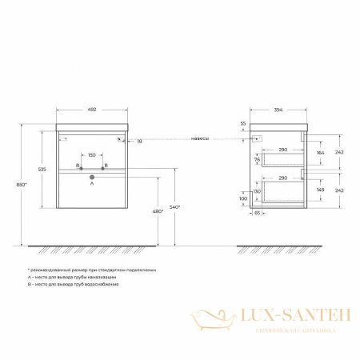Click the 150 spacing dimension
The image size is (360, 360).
click(x=92, y=155)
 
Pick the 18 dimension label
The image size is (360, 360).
click(x=140, y=140)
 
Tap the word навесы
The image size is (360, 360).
click(x=201, y=138)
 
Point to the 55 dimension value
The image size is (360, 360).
click(x=243, y=125)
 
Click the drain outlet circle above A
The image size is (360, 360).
click(x=92, y=175)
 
